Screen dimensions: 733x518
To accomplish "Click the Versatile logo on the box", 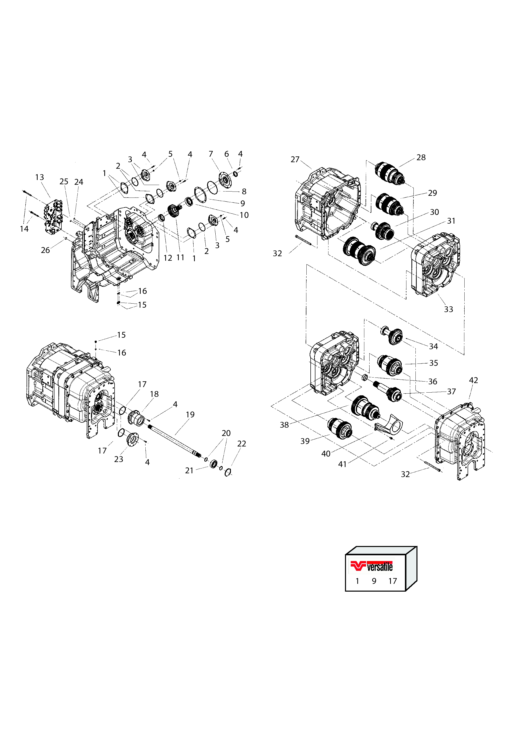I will click(371, 566).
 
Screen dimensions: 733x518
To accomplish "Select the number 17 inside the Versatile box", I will click(392, 581).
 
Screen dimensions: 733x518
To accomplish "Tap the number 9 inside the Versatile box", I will click(374, 581).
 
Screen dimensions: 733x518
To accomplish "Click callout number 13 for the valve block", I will click(39, 177).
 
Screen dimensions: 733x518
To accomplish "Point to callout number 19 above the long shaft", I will click(190, 414).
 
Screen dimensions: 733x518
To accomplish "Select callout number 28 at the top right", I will click(421, 157).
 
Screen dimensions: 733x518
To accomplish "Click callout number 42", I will click(473, 380).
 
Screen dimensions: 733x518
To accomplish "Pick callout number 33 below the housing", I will click(448, 309).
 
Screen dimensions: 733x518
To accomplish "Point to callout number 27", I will click(295, 159).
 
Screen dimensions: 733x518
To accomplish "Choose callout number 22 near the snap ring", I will click(241, 443).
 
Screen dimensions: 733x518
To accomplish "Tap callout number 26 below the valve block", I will click(45, 250).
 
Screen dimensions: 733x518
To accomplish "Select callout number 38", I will click(284, 425).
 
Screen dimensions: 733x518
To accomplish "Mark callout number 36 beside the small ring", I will click(433, 381).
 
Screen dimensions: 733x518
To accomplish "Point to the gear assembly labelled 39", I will click(340, 428).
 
